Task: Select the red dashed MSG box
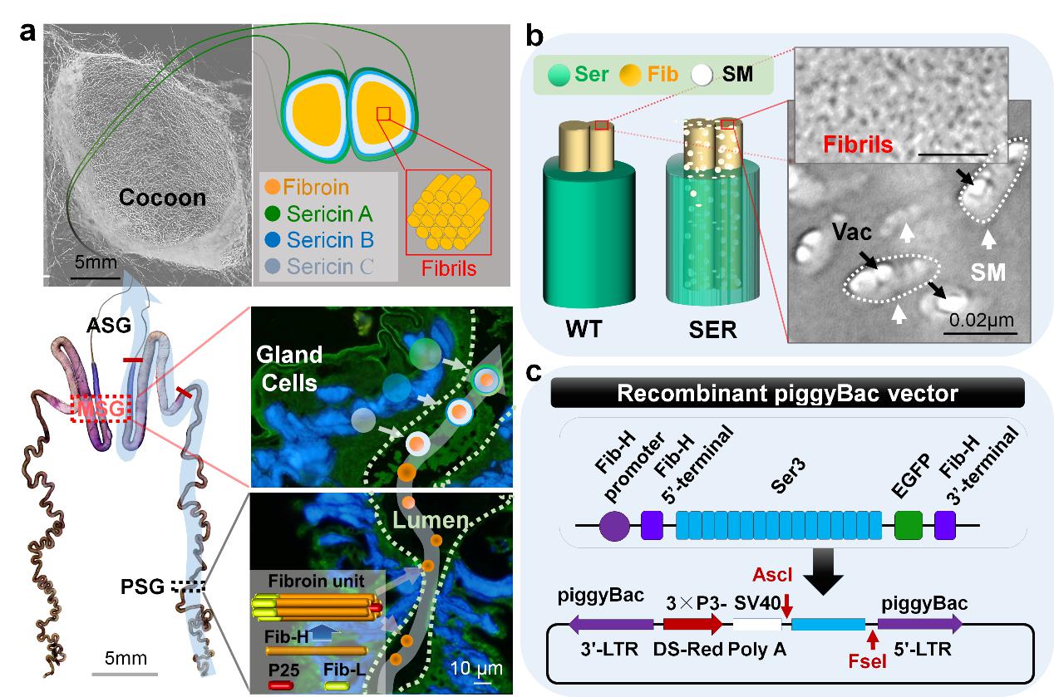point(101,410)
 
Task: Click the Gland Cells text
point(289,367)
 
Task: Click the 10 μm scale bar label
point(476,667)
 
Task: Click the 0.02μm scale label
point(978,318)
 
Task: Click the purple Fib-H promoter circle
point(614,526)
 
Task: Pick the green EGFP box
point(909,526)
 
